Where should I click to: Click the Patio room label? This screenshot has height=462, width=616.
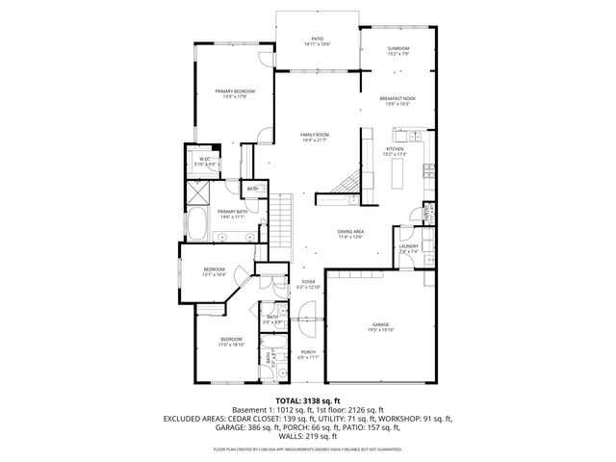coord(317,41)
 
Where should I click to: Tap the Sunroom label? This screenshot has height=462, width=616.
coord(398,50)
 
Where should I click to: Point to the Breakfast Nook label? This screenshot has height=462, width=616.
coord(398,99)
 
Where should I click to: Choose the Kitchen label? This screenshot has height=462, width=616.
coord(396,150)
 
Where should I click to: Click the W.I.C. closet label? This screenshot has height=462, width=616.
coord(206,161)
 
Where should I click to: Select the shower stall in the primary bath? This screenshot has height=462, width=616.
coord(198,191)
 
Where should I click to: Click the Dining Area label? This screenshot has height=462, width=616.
coord(350,232)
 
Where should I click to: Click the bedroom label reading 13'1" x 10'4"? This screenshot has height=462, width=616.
coord(214,274)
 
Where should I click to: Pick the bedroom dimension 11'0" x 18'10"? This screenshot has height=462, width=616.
coord(232,344)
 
